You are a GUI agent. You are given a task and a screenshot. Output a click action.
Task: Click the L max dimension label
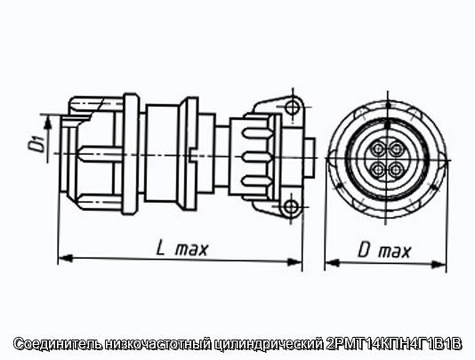tap(182, 249)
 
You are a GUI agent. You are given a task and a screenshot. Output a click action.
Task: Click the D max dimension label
tap(384, 251)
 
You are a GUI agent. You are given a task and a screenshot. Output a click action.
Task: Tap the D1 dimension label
tap(37, 143)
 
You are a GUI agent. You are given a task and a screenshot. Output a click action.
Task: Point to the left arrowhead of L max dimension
tap(65, 259)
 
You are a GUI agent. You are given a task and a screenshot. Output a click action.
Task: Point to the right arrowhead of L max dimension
tap(294, 261)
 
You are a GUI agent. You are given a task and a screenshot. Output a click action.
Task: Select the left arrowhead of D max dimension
tap(332, 262)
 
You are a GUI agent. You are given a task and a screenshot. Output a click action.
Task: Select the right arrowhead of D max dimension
tap(439, 264)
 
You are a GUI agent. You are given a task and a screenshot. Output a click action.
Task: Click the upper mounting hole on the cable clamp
tap(292, 107)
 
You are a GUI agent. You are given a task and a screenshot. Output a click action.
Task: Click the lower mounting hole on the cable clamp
tap(292, 207)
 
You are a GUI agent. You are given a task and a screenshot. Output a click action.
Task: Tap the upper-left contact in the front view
tap(378, 148)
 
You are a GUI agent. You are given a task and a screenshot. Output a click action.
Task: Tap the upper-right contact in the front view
tap(396, 149)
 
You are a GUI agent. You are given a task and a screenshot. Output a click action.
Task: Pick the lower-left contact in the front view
tap(378, 169)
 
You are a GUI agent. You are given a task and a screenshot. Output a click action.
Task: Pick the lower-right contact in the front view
tap(395, 169)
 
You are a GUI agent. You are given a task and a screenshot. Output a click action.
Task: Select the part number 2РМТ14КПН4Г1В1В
tap(393, 344)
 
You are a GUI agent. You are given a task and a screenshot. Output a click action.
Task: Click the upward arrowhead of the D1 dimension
tap(47, 123)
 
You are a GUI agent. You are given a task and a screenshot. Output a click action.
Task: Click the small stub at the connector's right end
tap(309, 156)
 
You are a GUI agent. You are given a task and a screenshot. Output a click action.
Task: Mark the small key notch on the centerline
tap(191, 155)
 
